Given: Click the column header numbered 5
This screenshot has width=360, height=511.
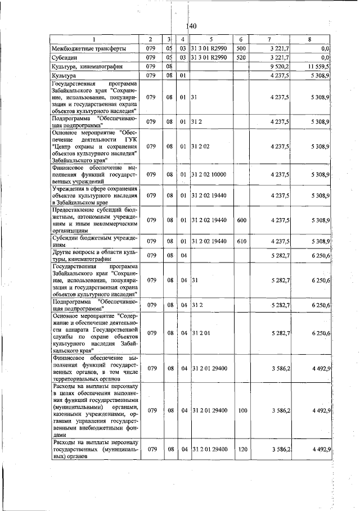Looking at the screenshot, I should (x=210, y=39).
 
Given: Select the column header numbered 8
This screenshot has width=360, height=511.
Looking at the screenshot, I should (x=309, y=39).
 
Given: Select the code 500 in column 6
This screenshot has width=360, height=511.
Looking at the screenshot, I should (x=240, y=48).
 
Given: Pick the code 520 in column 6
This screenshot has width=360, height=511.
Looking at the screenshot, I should (x=240, y=57).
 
